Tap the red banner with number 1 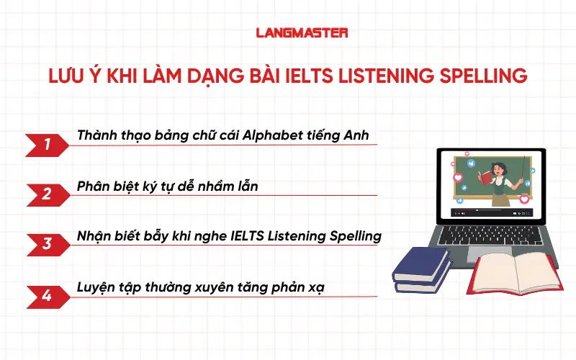pyautogui.click(x=46, y=145)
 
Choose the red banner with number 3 pyautogui.click(x=46, y=243)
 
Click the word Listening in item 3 pyautogui.click(x=303, y=235)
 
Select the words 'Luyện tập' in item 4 pyautogui.click(x=104, y=286)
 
